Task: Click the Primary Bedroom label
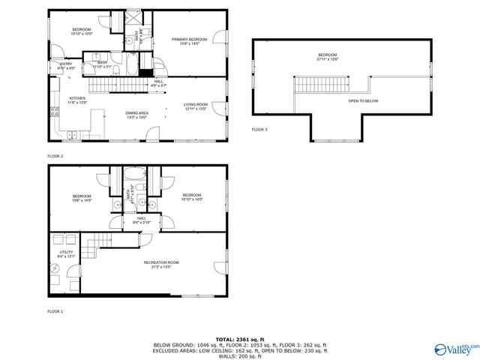point(189,39)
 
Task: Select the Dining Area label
point(136,112)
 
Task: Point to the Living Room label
point(195,106)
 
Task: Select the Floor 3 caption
point(259,130)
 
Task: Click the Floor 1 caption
point(55,310)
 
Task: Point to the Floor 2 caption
point(55,155)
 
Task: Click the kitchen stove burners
point(54,112)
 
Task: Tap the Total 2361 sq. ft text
point(240,339)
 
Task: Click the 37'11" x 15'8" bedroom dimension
point(327,59)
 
